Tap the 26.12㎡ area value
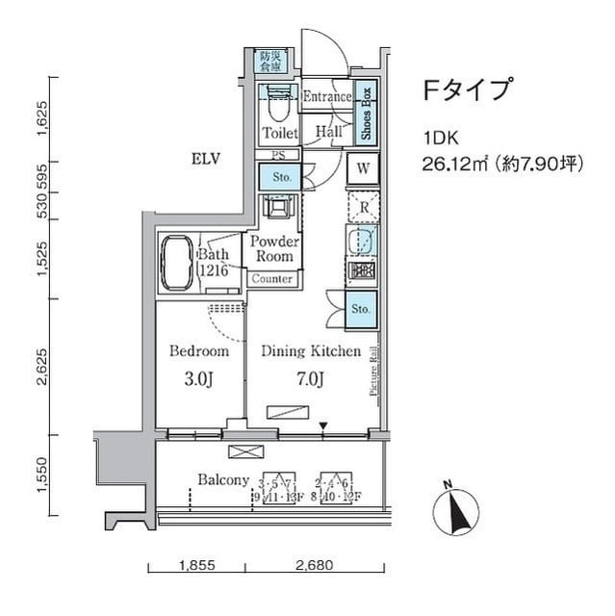[456, 165]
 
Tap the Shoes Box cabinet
[367, 113]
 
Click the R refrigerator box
[365, 206]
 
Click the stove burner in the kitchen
[363, 271]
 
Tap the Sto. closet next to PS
[280, 177]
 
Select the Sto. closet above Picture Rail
[360, 310]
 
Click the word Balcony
[224, 479]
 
